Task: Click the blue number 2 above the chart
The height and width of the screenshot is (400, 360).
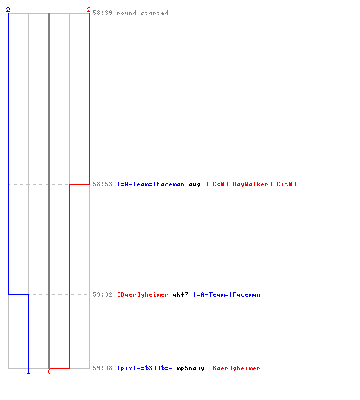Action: [x=8, y=10]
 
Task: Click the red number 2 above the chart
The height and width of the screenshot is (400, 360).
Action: [x=89, y=10]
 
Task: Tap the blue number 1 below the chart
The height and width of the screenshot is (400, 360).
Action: [x=28, y=371]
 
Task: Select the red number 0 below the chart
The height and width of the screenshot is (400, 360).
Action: [x=49, y=371]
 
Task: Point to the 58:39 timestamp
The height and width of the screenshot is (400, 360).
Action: [x=102, y=13]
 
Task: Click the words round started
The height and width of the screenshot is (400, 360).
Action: [x=142, y=13]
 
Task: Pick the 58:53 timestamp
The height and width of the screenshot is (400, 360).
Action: [x=102, y=184]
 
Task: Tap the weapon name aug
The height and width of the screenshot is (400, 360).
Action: [x=194, y=185]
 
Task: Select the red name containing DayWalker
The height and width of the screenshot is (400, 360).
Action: [x=253, y=184]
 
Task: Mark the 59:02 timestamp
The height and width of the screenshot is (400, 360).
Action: [x=102, y=294]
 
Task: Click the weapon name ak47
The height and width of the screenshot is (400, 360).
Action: [x=180, y=294]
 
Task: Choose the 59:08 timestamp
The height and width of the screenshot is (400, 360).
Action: [x=102, y=368]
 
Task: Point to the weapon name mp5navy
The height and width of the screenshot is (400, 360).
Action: [x=190, y=369]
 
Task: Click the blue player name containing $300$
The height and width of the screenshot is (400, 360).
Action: [x=145, y=368]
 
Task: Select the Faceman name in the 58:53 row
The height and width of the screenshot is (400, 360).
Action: [x=151, y=184]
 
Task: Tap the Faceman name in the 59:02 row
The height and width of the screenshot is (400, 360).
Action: [x=227, y=294]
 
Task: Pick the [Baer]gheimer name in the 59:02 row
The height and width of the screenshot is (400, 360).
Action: [x=142, y=294]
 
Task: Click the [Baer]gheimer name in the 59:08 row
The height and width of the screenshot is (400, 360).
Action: [x=234, y=368]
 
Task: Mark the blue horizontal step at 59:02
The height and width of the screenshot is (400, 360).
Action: [x=18, y=294]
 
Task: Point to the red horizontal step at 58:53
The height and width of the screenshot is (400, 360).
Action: [x=79, y=184]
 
